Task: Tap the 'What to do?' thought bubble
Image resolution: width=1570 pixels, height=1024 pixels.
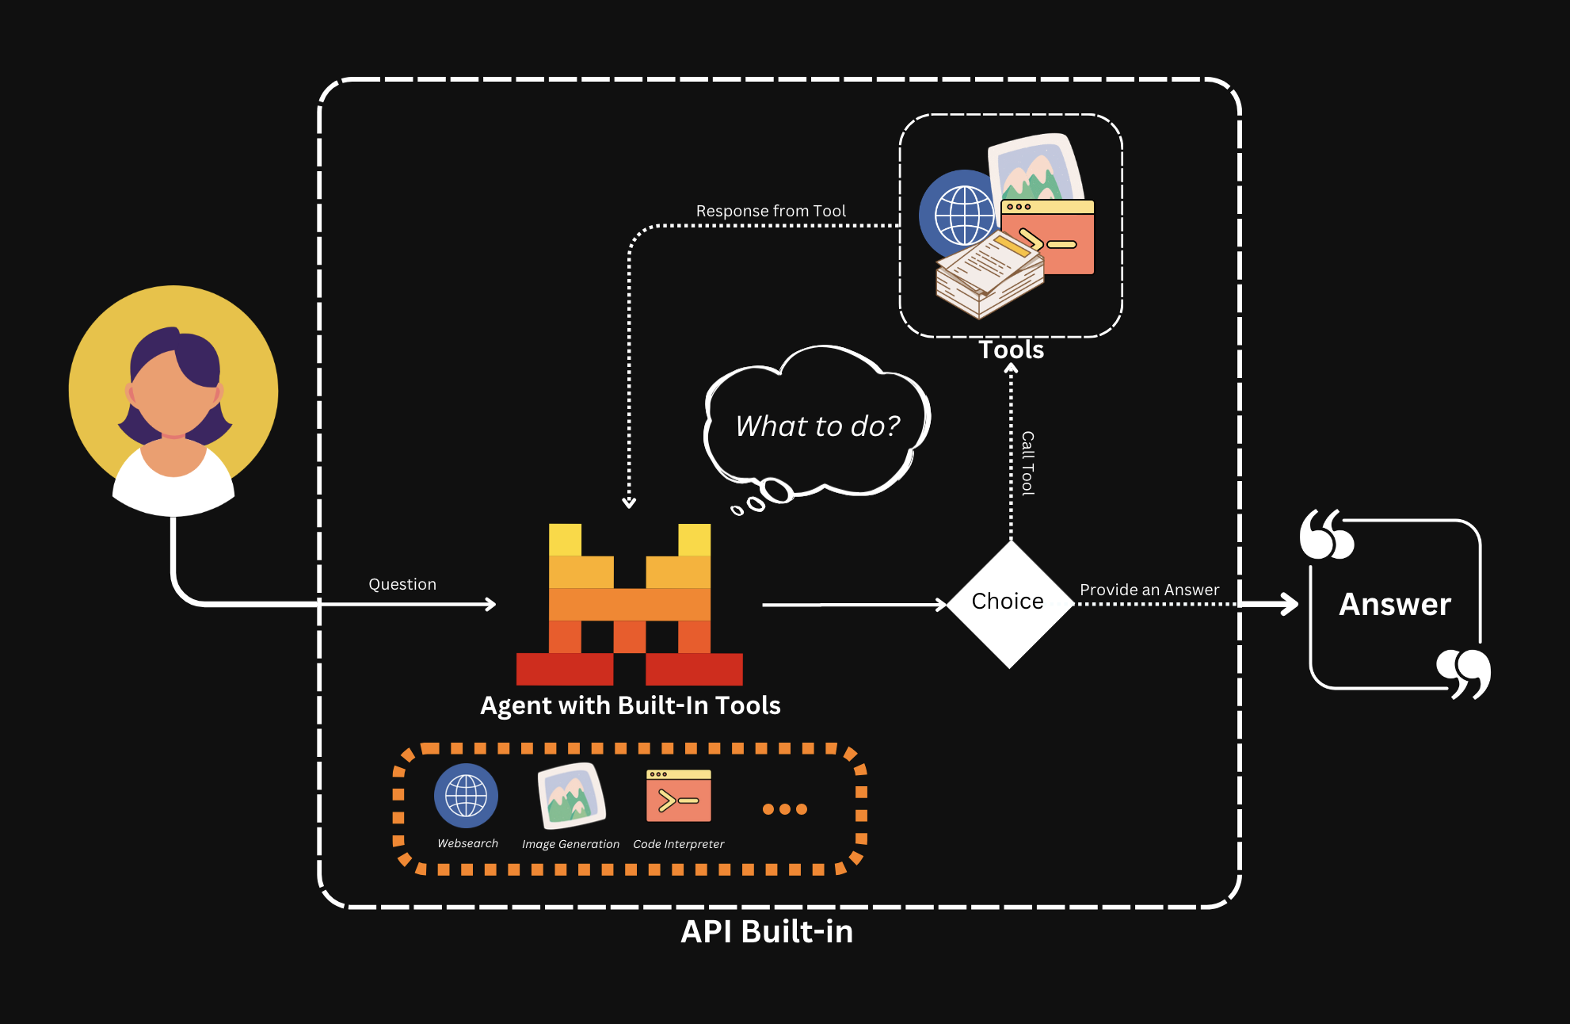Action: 817,426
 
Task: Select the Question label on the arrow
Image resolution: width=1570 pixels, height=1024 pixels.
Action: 402,584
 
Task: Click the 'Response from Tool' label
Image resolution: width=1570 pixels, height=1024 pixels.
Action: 771,211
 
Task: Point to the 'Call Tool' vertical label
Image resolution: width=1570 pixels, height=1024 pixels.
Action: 1027,464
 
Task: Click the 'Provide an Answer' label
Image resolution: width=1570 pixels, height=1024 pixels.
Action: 1149,590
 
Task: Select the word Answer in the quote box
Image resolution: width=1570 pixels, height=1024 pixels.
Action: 1395,604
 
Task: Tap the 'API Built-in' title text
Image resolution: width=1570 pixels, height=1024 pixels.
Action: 767,931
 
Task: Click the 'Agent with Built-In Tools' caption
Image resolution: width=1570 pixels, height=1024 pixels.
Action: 631,705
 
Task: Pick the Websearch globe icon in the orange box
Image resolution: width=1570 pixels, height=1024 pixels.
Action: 467,796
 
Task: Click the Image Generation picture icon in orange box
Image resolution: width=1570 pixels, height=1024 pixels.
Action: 571,795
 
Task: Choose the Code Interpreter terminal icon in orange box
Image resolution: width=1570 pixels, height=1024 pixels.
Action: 679,796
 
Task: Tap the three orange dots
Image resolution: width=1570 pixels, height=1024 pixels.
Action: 785,809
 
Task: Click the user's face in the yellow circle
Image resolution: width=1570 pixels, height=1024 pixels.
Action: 173,392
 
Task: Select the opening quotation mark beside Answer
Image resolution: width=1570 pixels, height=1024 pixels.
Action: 1327,535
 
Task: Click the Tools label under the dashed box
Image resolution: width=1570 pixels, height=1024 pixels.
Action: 1012,350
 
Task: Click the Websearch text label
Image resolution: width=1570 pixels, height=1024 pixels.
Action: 468,843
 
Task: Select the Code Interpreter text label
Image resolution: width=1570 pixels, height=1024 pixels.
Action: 679,844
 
